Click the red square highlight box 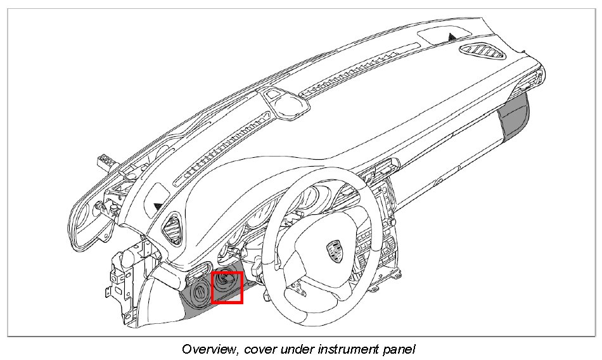(x=227, y=287)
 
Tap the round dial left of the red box (x=199, y=293)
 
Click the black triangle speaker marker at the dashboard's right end (x=451, y=37)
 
